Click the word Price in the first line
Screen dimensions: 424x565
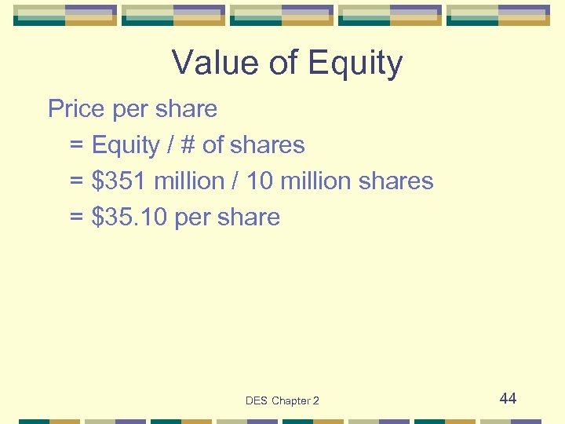(77, 108)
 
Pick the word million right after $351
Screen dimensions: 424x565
(189, 181)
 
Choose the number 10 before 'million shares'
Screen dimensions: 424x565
(258, 181)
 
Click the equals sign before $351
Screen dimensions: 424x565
(76, 181)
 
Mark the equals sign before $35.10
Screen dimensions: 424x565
(76, 217)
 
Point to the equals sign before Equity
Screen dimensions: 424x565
(76, 145)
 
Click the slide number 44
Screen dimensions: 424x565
(508, 399)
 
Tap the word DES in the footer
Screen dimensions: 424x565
(257, 401)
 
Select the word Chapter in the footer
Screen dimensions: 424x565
(291, 401)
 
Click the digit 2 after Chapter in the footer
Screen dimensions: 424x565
(315, 401)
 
